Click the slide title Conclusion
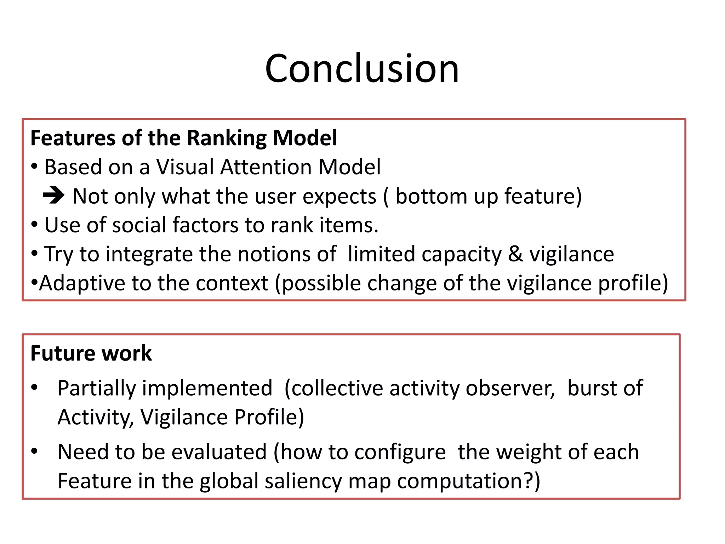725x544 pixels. point(362,68)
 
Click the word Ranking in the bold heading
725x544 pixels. point(227,138)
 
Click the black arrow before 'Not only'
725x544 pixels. point(53,195)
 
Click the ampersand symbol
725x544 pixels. point(515,254)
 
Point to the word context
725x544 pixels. point(232,283)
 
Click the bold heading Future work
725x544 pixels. point(91,353)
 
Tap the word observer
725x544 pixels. point(510,388)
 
